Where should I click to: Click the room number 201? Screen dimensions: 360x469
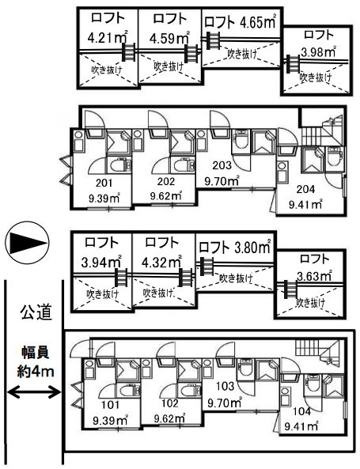(x=104, y=183)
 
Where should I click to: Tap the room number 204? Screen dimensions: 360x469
(x=305, y=189)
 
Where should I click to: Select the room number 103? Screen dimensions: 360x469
(x=225, y=386)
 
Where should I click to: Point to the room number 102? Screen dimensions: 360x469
(x=170, y=403)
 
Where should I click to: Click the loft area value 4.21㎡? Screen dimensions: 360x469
(x=108, y=37)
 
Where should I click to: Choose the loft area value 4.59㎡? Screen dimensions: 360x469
(x=169, y=38)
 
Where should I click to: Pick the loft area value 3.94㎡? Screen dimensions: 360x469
(x=101, y=262)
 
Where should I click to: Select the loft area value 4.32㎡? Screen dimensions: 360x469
(x=161, y=262)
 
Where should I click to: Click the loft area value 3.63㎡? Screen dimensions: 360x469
(x=314, y=276)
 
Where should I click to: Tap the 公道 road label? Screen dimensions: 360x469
(x=36, y=312)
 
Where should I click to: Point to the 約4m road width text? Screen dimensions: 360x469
(x=36, y=372)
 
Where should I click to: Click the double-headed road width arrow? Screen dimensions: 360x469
(x=33, y=391)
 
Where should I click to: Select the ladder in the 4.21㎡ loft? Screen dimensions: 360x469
(x=129, y=52)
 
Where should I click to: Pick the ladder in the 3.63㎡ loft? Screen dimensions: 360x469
(x=290, y=289)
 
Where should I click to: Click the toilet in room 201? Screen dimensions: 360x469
(x=120, y=165)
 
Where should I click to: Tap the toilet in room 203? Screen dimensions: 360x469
(x=241, y=140)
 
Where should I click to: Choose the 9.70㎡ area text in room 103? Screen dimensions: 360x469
(x=225, y=403)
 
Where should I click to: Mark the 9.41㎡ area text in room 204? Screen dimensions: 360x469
(x=305, y=205)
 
